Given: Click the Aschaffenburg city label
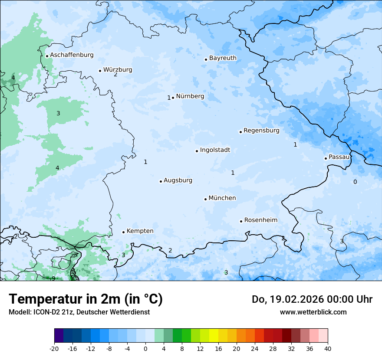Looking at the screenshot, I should tap(72, 55).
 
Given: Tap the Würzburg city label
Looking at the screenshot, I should tap(118, 70).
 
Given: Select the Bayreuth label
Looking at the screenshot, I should tap(223, 58).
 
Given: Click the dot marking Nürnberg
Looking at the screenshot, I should tap(173, 98).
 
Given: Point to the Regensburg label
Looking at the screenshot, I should tap(261, 131).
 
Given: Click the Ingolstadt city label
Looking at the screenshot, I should tap(215, 150).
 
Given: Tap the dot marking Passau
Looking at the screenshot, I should tap(326, 158).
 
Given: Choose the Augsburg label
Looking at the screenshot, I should tap(178, 180).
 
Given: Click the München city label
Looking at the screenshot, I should tap(222, 198).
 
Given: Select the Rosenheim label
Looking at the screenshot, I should tap(260, 220).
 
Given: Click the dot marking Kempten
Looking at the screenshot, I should tap(123, 232).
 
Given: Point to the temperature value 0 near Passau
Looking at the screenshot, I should tap(355, 182).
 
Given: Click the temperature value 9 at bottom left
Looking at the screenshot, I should tap(53, 278).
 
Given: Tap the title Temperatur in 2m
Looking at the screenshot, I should tap(86, 299).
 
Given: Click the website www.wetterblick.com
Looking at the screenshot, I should tap(313, 312).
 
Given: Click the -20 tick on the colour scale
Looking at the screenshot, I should tap(54, 348).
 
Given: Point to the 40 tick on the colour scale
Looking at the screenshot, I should tap(328, 348).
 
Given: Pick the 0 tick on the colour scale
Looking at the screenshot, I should tap(145, 348).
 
